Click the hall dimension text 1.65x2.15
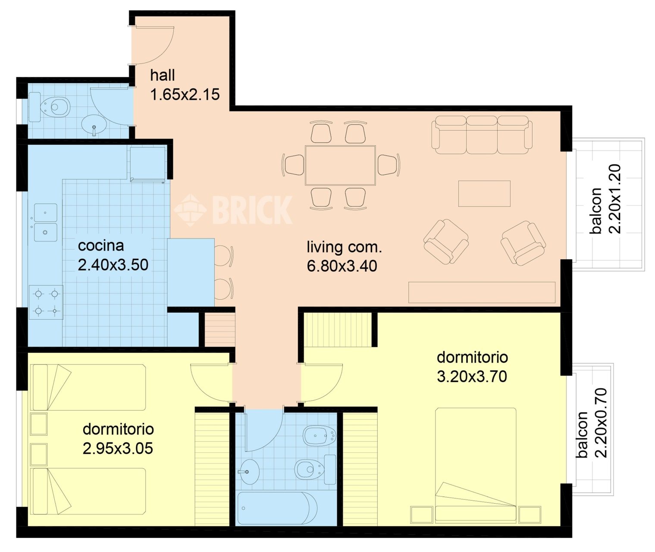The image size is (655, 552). point(185,94)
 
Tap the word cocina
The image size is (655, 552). point(101,246)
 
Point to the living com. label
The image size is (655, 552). point(345,247)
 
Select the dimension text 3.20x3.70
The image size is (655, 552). point(472,376)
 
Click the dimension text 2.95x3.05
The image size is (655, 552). point(118,448)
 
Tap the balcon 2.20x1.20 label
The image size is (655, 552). point(605,199)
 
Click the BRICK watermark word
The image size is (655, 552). point(253,210)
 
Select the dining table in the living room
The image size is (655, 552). point(340,165)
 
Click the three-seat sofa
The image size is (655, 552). point(482,135)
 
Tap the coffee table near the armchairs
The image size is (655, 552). point(484,194)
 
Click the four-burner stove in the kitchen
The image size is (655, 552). point(46,302)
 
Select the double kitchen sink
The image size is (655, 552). point(46,223)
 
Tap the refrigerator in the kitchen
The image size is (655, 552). point(147,163)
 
